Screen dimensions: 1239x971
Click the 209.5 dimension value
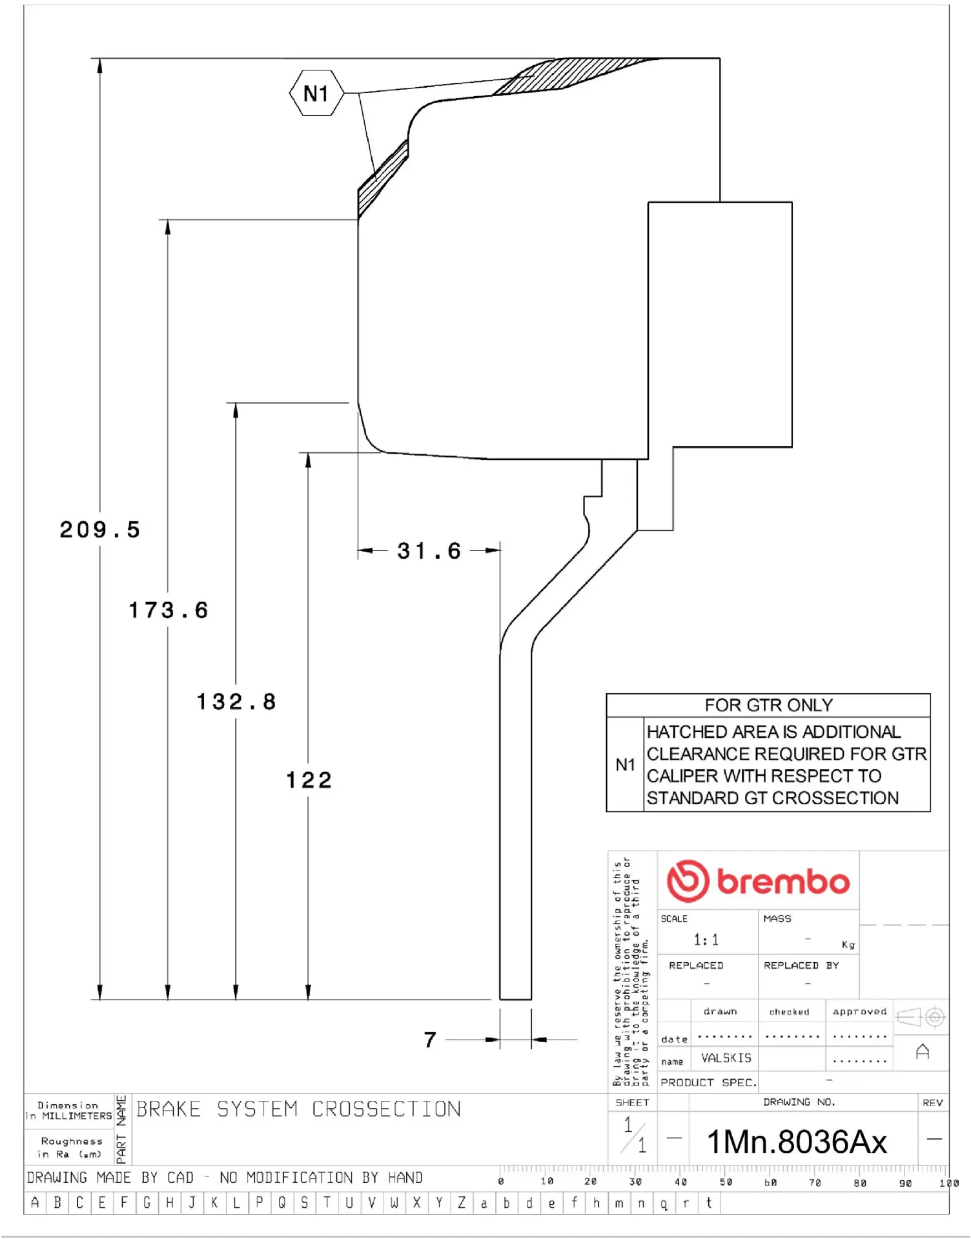pos(100,530)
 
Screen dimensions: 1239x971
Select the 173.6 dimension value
pos(169,610)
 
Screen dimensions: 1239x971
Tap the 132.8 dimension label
pos(236,702)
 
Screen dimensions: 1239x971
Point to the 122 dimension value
pos(309,780)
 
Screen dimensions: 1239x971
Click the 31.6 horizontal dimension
pos(429,551)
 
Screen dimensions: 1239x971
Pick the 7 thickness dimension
pos(430,1040)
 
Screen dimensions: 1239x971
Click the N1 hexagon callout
pos(316,94)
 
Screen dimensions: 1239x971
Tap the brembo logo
pos(758,881)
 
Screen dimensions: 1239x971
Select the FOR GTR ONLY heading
pos(768,705)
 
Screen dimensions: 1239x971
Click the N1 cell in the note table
pos(625,765)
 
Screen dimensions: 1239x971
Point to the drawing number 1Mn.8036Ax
pos(797,1142)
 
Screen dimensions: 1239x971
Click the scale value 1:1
pos(706,940)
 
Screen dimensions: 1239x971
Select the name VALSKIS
pos(726,1058)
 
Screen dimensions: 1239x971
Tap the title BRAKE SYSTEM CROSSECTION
pos(298,1109)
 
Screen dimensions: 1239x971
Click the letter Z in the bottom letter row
pos(462,1203)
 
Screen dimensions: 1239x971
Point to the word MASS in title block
pos(777,918)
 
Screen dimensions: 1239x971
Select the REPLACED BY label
pos(801,965)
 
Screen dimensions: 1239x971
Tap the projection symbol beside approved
pos(921,1018)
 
